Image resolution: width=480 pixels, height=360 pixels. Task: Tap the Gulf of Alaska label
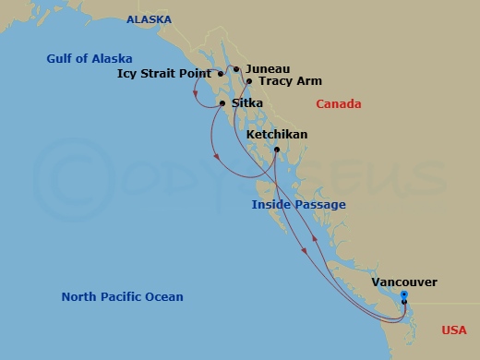(x=90, y=59)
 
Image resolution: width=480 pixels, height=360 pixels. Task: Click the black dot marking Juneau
(x=236, y=69)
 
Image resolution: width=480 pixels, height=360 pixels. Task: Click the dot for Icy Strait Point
(x=221, y=74)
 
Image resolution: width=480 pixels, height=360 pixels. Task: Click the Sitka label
(x=246, y=103)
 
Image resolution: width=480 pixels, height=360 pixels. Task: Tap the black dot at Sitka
(x=222, y=103)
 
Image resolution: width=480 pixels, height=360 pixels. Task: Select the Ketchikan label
(x=277, y=135)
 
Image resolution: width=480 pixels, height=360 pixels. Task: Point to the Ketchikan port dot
(x=277, y=150)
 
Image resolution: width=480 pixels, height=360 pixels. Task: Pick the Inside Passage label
(x=299, y=205)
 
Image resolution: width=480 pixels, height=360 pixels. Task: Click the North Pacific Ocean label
(x=122, y=297)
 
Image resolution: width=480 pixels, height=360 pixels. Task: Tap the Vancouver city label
(x=404, y=282)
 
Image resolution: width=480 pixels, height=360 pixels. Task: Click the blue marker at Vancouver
(x=404, y=295)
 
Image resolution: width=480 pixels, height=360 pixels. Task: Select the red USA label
(x=453, y=330)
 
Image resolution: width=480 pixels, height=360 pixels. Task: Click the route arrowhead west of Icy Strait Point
(x=197, y=92)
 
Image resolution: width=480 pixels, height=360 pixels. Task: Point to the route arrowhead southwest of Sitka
(x=216, y=159)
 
